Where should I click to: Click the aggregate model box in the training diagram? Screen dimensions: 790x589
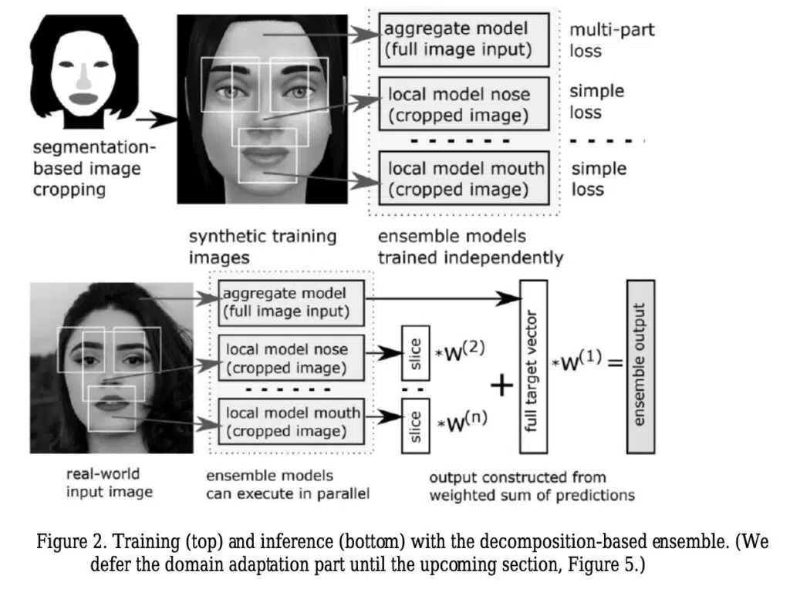click(x=464, y=40)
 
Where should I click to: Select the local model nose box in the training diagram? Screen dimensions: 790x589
click(x=464, y=104)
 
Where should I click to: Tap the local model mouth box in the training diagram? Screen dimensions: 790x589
click(x=464, y=178)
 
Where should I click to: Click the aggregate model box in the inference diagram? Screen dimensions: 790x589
click(x=291, y=303)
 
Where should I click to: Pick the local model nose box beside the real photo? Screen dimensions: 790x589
click(x=291, y=358)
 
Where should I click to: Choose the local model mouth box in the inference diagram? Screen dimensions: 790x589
click(x=291, y=422)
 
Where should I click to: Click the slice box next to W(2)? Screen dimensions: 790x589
click(x=416, y=353)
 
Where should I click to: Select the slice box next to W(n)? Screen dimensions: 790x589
click(x=416, y=426)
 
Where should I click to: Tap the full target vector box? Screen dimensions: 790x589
click(x=534, y=367)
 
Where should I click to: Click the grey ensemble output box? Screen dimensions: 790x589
click(x=641, y=367)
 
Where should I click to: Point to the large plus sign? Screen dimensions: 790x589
click(x=501, y=386)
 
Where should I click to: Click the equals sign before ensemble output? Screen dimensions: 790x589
click(x=615, y=363)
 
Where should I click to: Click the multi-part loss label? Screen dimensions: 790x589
click(x=612, y=40)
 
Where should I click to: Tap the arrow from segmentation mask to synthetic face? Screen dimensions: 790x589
click(x=156, y=119)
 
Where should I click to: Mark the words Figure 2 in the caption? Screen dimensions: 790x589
click(x=69, y=542)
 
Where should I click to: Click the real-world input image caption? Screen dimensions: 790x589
click(x=110, y=483)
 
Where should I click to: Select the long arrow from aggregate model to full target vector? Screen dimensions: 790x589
click(x=443, y=298)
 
